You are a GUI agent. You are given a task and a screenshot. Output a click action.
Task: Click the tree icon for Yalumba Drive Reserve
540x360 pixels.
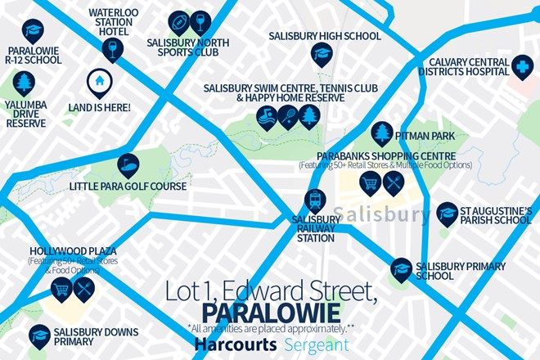[x=23, y=82]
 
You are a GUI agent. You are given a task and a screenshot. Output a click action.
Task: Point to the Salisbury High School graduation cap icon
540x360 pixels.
[x=320, y=54]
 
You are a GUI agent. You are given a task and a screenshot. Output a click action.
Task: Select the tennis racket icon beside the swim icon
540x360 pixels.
[x=287, y=119]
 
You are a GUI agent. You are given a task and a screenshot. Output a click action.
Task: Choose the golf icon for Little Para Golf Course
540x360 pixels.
[x=128, y=165]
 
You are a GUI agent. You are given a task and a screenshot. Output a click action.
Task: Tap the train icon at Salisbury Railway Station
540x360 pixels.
[x=314, y=200]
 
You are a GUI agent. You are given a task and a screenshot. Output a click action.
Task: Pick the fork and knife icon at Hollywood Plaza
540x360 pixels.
[x=85, y=290]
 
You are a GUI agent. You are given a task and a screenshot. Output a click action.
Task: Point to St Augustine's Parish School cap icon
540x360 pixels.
[x=447, y=214]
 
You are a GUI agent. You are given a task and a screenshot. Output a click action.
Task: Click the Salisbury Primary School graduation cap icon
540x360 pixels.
[x=401, y=268]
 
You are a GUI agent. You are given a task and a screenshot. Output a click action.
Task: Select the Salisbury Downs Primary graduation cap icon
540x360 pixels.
[x=38, y=335]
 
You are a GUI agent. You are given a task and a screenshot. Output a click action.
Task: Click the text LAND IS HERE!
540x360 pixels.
[x=98, y=107]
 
